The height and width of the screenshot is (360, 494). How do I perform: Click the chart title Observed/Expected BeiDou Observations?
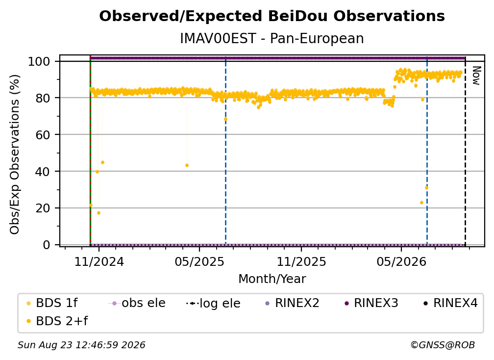272,16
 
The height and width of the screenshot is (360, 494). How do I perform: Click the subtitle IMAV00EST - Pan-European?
272,38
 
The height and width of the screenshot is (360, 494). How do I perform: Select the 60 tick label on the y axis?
43,134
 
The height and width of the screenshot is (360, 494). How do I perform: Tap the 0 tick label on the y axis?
47,245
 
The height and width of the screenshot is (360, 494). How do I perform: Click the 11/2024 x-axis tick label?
99,261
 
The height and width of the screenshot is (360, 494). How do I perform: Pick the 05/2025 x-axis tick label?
199,261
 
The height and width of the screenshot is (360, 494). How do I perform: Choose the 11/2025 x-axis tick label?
301,261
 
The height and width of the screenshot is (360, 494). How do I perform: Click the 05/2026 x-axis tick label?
401,261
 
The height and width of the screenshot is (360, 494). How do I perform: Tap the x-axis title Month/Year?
272,279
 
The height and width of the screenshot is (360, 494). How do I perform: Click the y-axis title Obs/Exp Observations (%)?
15,154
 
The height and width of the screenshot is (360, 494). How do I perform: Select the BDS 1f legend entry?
52,303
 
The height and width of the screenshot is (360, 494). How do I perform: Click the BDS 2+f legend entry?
57,321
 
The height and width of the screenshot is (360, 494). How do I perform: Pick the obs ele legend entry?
137,303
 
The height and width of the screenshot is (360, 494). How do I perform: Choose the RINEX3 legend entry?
371,303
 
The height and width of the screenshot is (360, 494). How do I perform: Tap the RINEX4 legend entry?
451,303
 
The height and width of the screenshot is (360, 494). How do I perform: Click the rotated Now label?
476,76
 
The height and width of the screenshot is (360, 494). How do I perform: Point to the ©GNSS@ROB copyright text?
443,345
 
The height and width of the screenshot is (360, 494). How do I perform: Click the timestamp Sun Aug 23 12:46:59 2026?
81,345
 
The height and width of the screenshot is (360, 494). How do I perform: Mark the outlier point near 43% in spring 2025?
187,165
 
